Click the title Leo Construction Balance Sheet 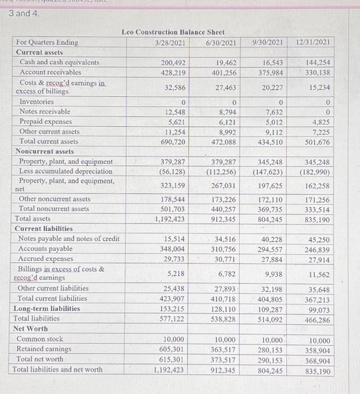tap(173, 32)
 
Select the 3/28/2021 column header tap(170, 42)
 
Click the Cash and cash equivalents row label tap(59, 62)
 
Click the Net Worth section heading tap(30, 328)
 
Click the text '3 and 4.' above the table tap(24, 13)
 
